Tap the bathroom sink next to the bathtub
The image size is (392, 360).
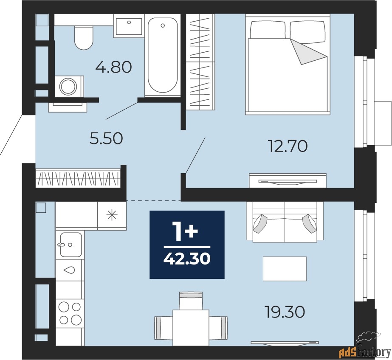pyautogui.click(x=129, y=25)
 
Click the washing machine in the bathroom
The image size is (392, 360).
pyautogui.click(x=69, y=87)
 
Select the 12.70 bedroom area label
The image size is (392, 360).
pyautogui.click(x=288, y=146)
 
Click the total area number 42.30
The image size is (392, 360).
pyautogui.click(x=187, y=259)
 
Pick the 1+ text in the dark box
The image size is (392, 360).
pyautogui.click(x=187, y=231)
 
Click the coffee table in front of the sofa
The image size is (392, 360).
pyautogui.click(x=285, y=268)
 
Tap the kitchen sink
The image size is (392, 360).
pyautogui.click(x=71, y=245)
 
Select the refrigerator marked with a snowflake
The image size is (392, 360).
pyautogui.click(x=112, y=215)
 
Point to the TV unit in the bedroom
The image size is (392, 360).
pyautogui.click(x=288, y=180)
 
